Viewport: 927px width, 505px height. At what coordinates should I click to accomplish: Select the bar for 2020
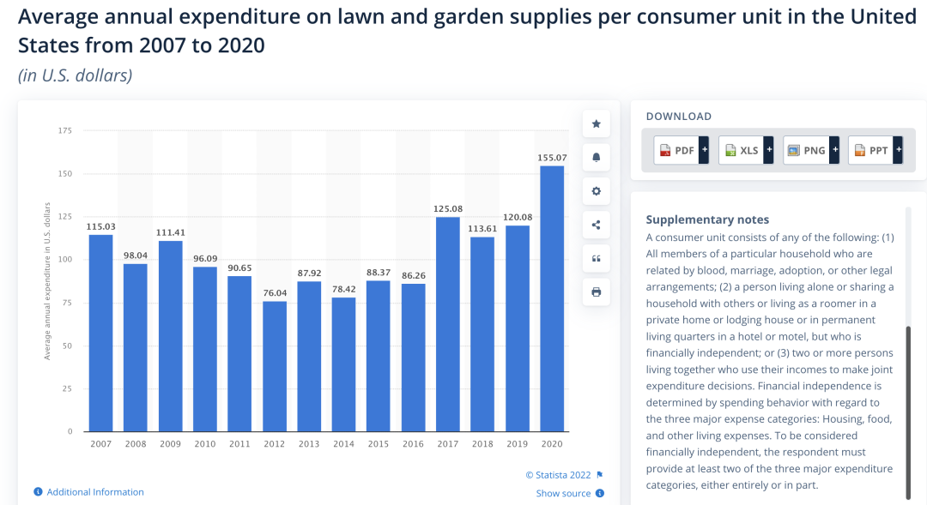[x=552, y=298]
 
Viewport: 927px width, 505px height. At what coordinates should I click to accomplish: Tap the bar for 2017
[x=448, y=324]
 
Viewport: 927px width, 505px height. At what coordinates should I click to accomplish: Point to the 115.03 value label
[x=100, y=226]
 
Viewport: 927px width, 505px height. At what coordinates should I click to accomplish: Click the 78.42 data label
[x=343, y=290]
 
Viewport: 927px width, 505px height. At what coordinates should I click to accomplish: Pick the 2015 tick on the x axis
[x=379, y=443]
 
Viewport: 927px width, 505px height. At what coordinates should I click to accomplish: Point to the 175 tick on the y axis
[x=65, y=130]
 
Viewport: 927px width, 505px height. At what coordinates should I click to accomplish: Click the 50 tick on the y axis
[x=68, y=346]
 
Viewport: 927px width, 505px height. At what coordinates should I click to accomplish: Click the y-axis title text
[x=48, y=280]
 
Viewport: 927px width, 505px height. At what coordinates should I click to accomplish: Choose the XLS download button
[x=745, y=150]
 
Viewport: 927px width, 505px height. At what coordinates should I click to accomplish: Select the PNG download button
[x=809, y=150]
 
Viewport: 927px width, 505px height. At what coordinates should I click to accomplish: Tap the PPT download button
[x=875, y=150]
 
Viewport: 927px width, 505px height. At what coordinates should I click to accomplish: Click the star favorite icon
[x=596, y=123]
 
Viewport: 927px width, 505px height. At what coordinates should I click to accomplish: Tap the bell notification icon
[x=596, y=158]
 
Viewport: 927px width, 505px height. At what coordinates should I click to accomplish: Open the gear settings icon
[x=596, y=191]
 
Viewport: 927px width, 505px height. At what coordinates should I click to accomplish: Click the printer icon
[x=596, y=292]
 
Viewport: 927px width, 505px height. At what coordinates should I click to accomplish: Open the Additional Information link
[x=95, y=492]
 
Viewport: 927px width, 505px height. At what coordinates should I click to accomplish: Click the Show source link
[x=564, y=493]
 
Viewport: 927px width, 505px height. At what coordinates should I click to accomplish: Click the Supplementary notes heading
[x=707, y=219]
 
